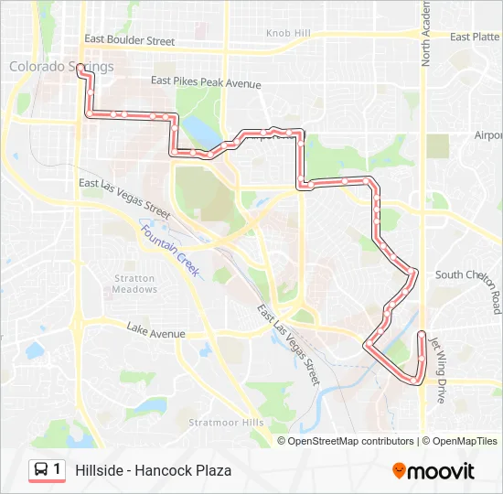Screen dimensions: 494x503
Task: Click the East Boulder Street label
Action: [x=129, y=40]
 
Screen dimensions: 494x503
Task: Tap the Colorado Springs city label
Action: [x=61, y=66]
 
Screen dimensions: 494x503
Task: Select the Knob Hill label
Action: [x=288, y=33]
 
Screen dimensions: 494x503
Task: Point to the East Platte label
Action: [x=474, y=37]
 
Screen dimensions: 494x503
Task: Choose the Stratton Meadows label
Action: [x=134, y=284]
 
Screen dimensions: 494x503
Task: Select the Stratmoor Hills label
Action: [x=226, y=423]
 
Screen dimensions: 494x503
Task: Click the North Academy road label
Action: [x=425, y=33]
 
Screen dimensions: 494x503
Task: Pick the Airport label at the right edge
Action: [x=488, y=135]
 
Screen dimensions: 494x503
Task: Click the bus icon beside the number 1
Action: [x=41, y=470]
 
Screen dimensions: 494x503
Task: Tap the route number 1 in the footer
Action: [x=58, y=470]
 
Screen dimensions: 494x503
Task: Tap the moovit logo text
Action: [x=441, y=471]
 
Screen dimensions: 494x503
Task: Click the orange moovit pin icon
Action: [x=399, y=471]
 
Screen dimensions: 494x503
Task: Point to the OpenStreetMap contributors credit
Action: [x=351, y=441]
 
